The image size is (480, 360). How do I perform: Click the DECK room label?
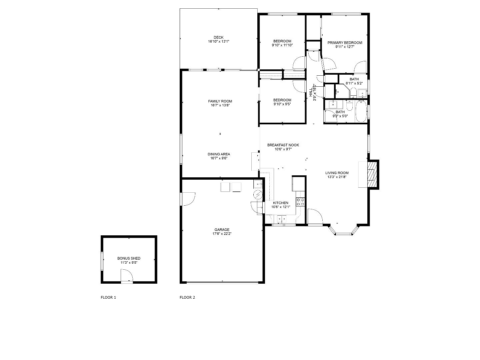point(219,37)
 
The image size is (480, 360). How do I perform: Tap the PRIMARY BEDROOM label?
point(345,43)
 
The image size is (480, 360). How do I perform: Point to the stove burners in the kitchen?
point(300,202)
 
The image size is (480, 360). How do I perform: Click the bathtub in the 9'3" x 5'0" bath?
point(361,112)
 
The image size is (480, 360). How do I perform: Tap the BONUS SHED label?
point(129,258)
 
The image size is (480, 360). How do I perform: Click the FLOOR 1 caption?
point(108,297)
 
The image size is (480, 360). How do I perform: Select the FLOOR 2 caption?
point(187,297)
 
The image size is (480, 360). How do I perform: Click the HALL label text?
point(311,92)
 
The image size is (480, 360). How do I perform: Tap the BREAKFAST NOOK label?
point(283,145)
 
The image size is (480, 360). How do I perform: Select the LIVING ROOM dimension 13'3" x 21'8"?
point(337,177)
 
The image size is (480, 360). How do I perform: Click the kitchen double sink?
point(280,219)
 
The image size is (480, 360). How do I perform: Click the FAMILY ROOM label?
point(220,101)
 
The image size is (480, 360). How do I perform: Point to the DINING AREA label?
point(219,154)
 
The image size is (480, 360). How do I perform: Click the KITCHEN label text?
point(281,203)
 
